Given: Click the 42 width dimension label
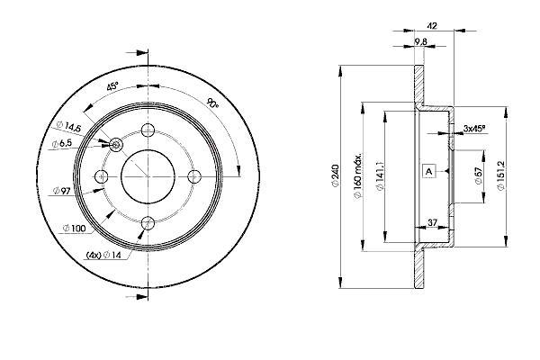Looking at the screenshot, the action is coord(431,26).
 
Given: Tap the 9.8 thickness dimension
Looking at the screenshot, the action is coord(420,41).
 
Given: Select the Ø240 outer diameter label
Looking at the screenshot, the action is coord(336,176).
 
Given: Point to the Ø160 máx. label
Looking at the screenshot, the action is coord(358,175).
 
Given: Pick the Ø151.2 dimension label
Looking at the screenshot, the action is coord(501,175).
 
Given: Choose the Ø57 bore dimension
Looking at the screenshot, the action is coord(479,176).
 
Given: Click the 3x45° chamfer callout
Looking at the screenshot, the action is coord(474,129).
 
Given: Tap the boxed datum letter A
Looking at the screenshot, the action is coord(428,171).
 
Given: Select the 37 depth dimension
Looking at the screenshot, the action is coord(432,222).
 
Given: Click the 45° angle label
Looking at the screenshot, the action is coord(112,86).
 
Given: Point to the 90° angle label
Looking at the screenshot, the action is coord(212,103).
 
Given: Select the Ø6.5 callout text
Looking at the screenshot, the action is coord(61,144).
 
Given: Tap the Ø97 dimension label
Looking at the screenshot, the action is coord(61,191).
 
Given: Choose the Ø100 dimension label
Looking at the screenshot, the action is coord(75,228).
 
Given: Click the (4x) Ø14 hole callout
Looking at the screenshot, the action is coord(103,255).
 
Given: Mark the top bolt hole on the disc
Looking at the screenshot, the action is coord(148,130).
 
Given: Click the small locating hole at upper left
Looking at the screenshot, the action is coord(116,145).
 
